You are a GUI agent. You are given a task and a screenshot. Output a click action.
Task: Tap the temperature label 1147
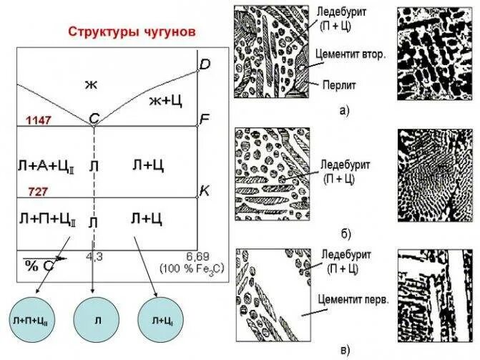click(x=39, y=120)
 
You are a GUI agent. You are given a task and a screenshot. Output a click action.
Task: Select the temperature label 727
click(x=39, y=192)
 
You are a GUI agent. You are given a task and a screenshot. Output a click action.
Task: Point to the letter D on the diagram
click(x=205, y=65)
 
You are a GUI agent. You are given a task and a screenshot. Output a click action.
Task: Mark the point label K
click(x=205, y=190)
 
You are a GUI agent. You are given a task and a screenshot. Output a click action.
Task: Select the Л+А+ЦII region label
click(x=46, y=166)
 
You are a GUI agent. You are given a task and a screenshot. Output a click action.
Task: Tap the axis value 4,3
click(x=94, y=256)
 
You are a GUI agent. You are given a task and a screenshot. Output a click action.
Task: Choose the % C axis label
click(x=42, y=264)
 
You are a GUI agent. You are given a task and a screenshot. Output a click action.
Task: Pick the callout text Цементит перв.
click(x=355, y=301)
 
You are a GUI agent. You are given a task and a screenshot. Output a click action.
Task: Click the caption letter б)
click(x=346, y=234)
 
